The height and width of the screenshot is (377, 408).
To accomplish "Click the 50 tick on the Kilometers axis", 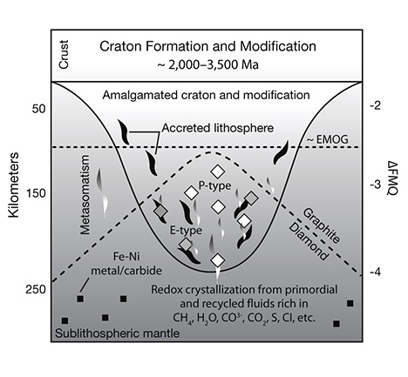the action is [x=39, y=109].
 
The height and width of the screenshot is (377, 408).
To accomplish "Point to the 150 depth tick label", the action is [x=36, y=192].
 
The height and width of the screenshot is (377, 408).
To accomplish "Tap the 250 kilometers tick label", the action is [x=36, y=289].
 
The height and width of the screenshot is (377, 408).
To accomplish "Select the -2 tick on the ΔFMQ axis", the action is [x=375, y=105].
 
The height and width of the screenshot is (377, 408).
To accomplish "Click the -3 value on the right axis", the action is [x=375, y=185].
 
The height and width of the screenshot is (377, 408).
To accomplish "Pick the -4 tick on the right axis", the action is [x=375, y=273].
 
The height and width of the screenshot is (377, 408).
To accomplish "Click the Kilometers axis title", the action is [x=13, y=185].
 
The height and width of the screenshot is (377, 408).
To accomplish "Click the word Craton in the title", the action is [x=120, y=46].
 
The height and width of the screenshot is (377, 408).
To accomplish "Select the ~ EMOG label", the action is [x=328, y=139].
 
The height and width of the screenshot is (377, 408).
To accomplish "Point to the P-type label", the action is [x=214, y=185].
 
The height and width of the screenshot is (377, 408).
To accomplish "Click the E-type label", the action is [x=186, y=231].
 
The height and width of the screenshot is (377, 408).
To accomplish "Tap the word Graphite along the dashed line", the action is [x=322, y=226].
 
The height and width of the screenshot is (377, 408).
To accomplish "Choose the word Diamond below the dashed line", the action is [x=309, y=243].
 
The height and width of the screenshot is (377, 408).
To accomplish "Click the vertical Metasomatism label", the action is [x=85, y=194].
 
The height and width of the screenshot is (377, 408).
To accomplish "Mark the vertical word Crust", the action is [x=64, y=55].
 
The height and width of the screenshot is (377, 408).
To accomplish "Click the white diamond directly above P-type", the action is [x=218, y=172].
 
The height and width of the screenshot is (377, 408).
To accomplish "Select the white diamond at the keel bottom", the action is [x=218, y=260].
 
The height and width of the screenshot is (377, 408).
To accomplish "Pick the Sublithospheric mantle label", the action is [x=118, y=333].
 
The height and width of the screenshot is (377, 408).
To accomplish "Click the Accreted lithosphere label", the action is [x=218, y=128].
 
